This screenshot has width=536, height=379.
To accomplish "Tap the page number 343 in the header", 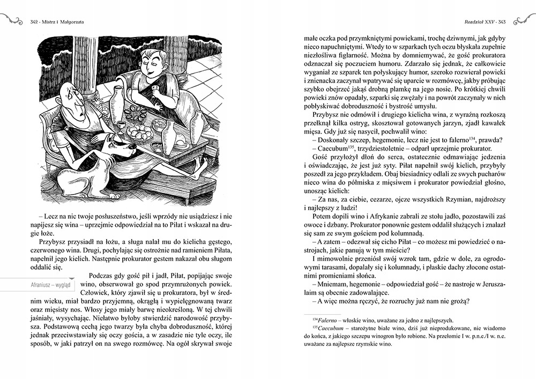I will [502, 21].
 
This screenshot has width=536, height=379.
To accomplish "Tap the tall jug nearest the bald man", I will [116, 105].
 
